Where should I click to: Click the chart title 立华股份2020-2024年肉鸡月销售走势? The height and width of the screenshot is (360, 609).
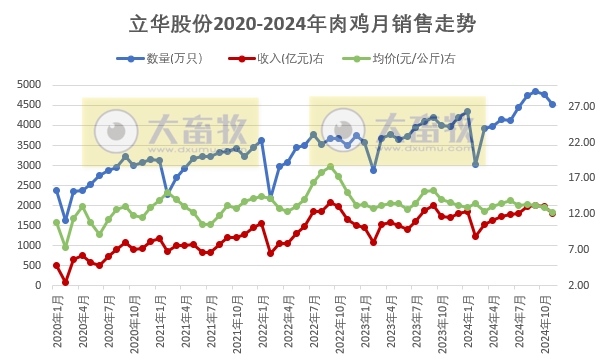pos(304,23)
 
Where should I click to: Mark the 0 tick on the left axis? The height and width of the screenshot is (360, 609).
pos(36,285)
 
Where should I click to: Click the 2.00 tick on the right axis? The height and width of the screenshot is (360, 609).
pos(582,285)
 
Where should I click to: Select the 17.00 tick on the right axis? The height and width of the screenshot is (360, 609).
pos(582,178)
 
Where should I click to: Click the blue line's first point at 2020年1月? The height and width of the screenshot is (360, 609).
pos(56,190)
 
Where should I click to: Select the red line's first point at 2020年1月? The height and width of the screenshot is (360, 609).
pos(56,265)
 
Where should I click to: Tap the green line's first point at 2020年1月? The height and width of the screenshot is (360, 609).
pos(56,222)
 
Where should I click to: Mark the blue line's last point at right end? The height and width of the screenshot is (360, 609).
pos(552,104)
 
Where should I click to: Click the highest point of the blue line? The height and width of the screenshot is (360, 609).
pos(535,91)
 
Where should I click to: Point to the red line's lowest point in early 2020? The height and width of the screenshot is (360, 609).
pos(65,282)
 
